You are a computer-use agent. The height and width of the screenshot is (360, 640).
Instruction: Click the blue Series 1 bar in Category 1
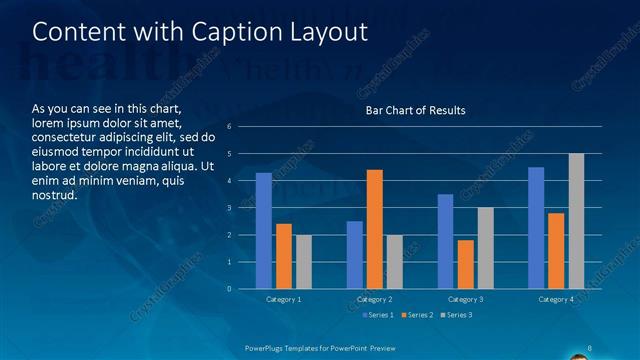264,231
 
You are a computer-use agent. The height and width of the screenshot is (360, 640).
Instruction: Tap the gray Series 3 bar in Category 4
576,221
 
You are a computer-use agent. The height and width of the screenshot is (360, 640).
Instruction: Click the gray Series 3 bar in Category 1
303,262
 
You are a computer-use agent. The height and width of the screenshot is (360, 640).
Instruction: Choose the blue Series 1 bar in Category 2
355,255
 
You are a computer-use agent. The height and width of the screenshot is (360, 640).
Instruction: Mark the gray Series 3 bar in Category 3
485,248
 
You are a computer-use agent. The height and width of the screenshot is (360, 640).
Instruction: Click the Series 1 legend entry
379,315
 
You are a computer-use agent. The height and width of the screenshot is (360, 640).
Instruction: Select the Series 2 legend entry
416,315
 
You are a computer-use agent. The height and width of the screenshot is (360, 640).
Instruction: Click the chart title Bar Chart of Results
415,110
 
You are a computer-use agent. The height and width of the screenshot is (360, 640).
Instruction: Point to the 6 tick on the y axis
229,127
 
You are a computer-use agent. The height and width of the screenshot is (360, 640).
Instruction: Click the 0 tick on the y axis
229,289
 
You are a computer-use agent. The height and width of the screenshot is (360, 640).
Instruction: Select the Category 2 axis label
374,300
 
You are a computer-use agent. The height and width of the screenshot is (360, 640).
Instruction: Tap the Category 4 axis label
555,300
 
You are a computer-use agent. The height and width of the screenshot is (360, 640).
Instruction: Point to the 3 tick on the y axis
229,208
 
